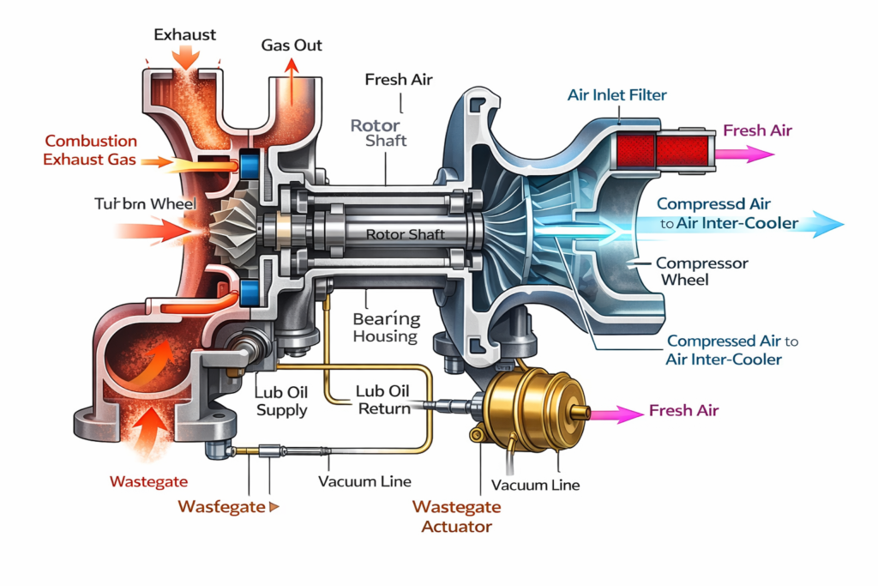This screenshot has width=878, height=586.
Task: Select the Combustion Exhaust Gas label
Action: (91, 150)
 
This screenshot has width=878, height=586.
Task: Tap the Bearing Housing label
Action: (386, 327)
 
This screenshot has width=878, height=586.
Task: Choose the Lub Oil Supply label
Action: (281, 401)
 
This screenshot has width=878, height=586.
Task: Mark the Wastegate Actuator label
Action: (457, 516)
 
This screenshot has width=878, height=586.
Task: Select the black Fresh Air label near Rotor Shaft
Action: (399, 80)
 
